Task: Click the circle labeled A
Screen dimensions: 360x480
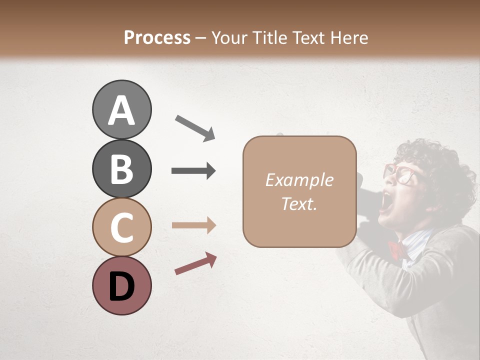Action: click(x=121, y=110)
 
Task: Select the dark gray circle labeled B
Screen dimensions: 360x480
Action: click(x=121, y=169)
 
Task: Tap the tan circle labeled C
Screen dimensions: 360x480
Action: click(x=121, y=227)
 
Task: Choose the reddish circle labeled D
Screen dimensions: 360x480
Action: click(x=121, y=285)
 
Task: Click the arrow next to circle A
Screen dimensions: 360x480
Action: click(x=195, y=127)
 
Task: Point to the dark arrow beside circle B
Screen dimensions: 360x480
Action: click(x=193, y=171)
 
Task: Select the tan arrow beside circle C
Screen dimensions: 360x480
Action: click(x=193, y=225)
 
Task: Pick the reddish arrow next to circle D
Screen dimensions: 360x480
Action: click(x=195, y=263)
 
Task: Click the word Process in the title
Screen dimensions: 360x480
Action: click(x=157, y=37)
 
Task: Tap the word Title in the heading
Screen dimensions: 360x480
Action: click(x=267, y=37)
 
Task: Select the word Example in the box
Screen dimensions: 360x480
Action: click(x=299, y=180)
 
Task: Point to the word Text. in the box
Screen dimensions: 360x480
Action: click(x=299, y=203)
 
